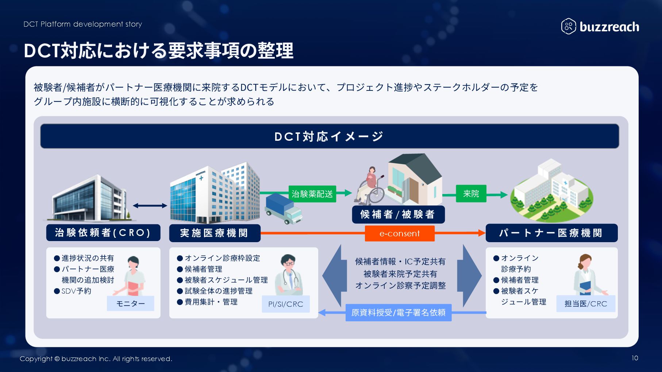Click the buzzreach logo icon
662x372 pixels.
[x=568, y=26]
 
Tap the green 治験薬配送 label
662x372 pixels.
[x=312, y=194]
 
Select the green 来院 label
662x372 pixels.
[x=471, y=194]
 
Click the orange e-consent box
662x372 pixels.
[x=400, y=233]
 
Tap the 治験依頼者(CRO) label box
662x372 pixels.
[x=103, y=233]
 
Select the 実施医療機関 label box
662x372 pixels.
[x=215, y=233]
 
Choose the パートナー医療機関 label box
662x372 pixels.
[x=551, y=233]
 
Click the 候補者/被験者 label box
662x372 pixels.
[x=398, y=214]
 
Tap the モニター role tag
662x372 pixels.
[x=130, y=303]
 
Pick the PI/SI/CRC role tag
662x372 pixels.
[x=286, y=304]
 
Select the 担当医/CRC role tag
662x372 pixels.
[x=585, y=304]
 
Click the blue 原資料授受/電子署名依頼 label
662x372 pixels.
[x=398, y=313]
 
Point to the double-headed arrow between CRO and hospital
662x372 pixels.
[x=150, y=206]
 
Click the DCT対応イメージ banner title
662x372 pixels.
[x=329, y=136]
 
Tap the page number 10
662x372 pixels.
[x=635, y=358]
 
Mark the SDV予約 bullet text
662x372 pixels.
[x=76, y=291]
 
